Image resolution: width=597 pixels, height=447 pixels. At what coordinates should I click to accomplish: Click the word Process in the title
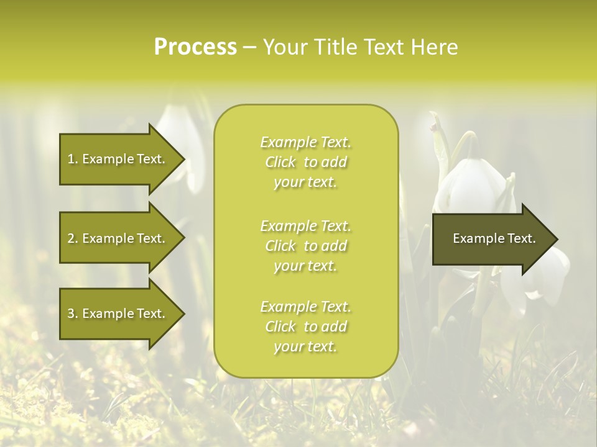pyautogui.click(x=195, y=47)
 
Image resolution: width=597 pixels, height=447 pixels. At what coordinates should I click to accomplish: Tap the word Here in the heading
pyautogui.click(x=435, y=47)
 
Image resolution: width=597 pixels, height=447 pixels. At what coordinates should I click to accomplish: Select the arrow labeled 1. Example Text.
pyautogui.click(x=116, y=159)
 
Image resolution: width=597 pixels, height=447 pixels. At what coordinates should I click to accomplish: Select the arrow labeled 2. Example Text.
pyautogui.click(x=116, y=238)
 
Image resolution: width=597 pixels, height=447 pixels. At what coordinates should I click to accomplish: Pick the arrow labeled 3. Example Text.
pyautogui.click(x=116, y=314)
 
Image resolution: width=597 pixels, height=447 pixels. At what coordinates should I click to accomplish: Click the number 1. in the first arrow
pyautogui.click(x=72, y=159)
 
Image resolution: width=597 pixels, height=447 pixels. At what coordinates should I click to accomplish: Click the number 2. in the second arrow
pyautogui.click(x=72, y=238)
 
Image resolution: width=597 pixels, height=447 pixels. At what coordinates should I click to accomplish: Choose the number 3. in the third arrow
pyautogui.click(x=72, y=314)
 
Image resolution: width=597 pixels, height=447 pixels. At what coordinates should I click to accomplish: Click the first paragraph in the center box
pyautogui.click(x=305, y=162)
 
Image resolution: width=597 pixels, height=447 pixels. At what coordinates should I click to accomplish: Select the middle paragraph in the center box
pyautogui.click(x=305, y=246)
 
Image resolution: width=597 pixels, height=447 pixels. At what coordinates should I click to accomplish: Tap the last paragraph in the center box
pyautogui.click(x=305, y=327)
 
